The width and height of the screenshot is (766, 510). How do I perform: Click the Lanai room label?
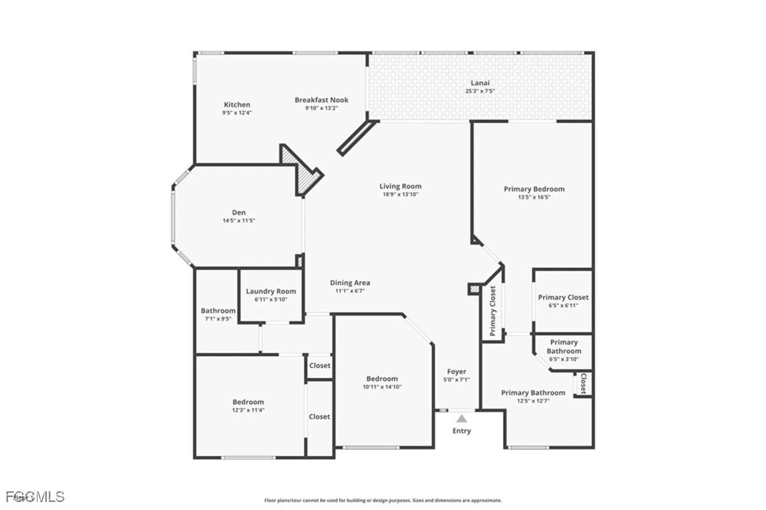click(x=480, y=83)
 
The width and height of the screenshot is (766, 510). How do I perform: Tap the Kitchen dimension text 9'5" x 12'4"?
click(x=237, y=113)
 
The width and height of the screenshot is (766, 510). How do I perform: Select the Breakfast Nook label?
click(x=321, y=100)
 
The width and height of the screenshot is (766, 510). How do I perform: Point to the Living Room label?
click(x=400, y=186)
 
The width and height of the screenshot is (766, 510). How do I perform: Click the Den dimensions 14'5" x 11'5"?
click(x=239, y=221)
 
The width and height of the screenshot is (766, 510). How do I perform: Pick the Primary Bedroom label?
click(x=534, y=189)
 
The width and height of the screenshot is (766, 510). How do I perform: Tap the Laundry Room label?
click(x=271, y=291)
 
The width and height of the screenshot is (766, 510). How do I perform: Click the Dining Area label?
click(x=350, y=283)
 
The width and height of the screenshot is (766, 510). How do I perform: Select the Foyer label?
click(x=457, y=372)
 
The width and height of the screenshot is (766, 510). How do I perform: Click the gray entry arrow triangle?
click(x=462, y=419)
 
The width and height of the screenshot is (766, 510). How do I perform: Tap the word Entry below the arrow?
click(x=462, y=431)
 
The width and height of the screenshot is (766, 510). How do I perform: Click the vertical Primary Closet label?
click(x=493, y=310)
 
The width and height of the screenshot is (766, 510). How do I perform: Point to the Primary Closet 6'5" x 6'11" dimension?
click(x=563, y=305)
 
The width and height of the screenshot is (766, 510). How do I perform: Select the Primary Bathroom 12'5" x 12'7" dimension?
click(x=533, y=401)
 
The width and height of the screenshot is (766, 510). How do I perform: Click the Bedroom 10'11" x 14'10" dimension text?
click(x=382, y=387)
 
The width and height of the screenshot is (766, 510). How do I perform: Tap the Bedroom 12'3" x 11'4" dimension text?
click(x=248, y=410)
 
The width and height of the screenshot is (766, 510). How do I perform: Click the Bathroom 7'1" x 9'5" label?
click(x=218, y=311)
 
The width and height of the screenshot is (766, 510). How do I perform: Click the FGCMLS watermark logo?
click(x=35, y=497)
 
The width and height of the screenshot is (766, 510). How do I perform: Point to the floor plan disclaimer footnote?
click(x=383, y=500)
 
